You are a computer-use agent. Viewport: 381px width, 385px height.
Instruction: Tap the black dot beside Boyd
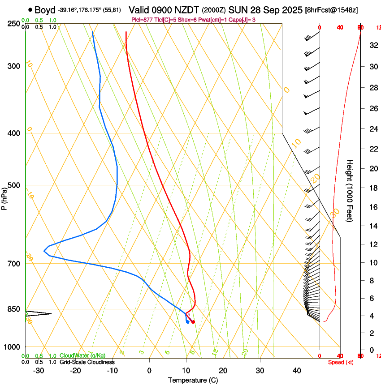coord(30,9)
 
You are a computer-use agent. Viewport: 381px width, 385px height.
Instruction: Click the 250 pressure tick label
coord(14,23)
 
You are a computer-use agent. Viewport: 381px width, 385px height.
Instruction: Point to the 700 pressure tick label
coord(14,263)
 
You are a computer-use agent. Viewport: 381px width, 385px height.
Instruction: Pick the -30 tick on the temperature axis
coord(39,371)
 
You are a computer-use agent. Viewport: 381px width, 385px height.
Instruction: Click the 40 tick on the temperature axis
coord(297,371)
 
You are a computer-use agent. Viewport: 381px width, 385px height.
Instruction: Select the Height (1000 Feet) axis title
coord(350,190)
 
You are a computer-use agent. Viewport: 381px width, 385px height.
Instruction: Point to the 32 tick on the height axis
coord(372,45)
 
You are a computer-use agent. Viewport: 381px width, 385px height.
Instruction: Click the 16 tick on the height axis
coord(372,207)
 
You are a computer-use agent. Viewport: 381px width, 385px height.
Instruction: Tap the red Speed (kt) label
coord(341,362)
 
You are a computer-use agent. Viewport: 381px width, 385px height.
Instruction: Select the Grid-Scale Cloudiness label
coord(87,362)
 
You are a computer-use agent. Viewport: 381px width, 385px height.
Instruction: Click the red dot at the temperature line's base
coord(193,322)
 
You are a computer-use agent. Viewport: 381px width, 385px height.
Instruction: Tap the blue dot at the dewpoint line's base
coord(187,322)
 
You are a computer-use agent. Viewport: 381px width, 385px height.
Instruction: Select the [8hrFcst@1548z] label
coord(331,10)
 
